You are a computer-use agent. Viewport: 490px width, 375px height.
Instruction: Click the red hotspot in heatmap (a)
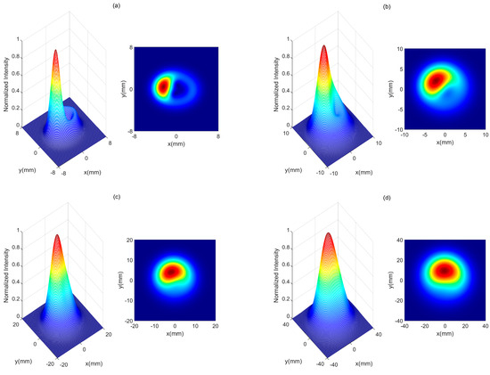coord(164,87)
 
